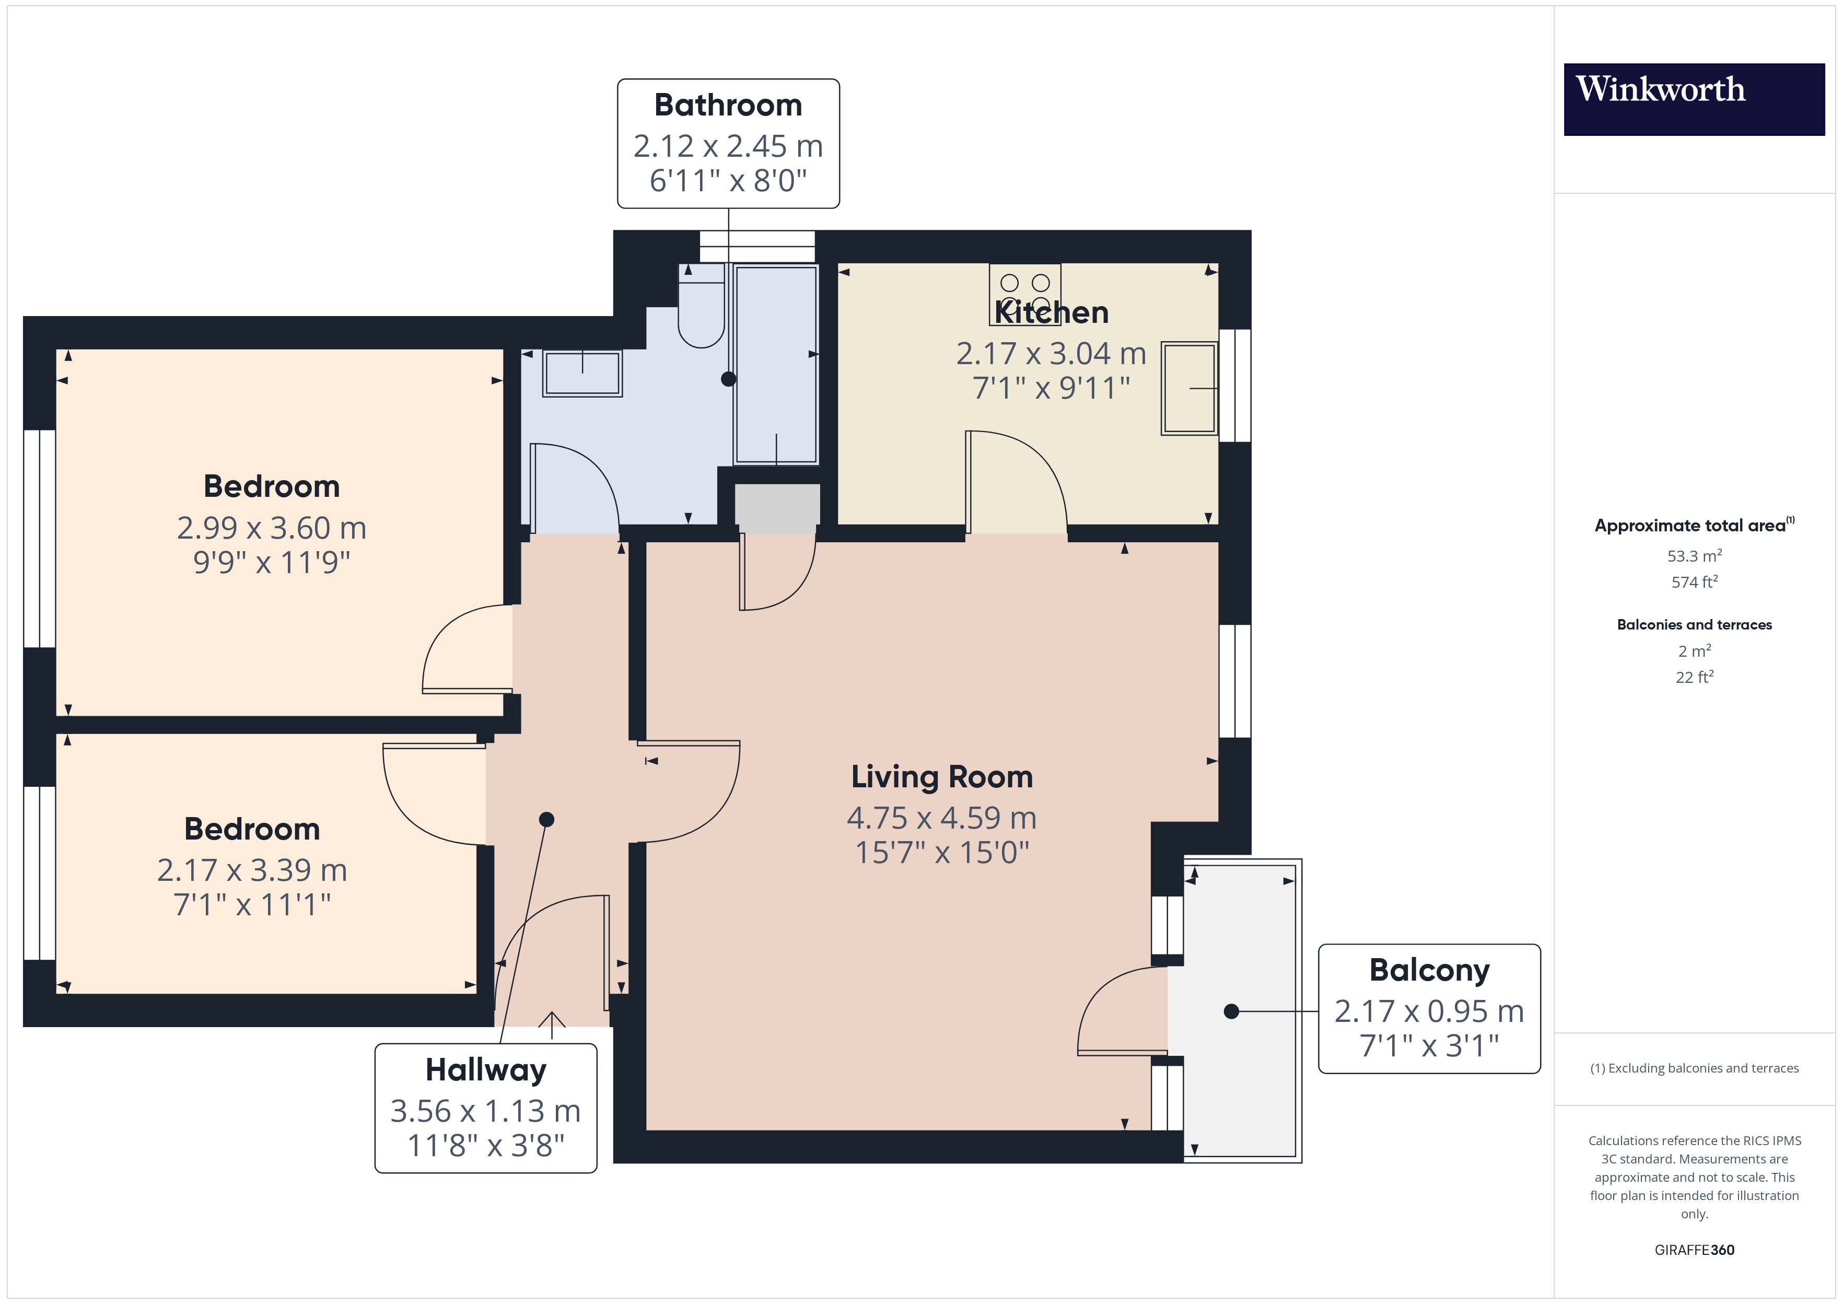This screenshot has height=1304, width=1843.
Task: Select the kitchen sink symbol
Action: (x=1189, y=389)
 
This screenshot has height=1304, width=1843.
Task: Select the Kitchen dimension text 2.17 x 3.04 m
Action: (x=1051, y=353)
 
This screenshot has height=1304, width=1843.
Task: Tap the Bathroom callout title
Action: (x=728, y=105)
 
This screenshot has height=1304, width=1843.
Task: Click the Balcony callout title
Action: (x=1430, y=970)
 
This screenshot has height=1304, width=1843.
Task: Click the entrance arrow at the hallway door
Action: (x=552, y=1020)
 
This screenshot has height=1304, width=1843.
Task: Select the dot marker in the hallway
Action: (x=546, y=820)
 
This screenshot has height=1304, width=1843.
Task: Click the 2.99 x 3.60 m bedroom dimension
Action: (x=271, y=528)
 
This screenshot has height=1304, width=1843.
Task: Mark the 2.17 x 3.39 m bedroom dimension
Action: (x=252, y=870)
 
